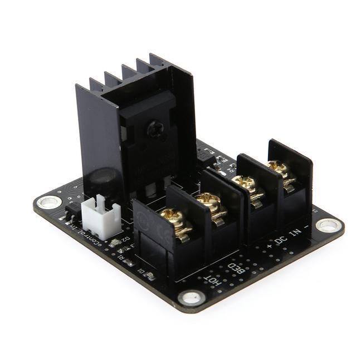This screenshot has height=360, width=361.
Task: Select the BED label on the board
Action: (237, 269)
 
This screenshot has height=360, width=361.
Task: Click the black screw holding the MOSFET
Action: (154, 129)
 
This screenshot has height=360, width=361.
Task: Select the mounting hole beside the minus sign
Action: (329, 225)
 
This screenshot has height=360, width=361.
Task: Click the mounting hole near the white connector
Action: (49, 201)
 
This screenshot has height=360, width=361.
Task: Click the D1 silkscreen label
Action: (141, 273)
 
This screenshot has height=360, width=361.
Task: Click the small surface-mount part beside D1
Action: (149, 275)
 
